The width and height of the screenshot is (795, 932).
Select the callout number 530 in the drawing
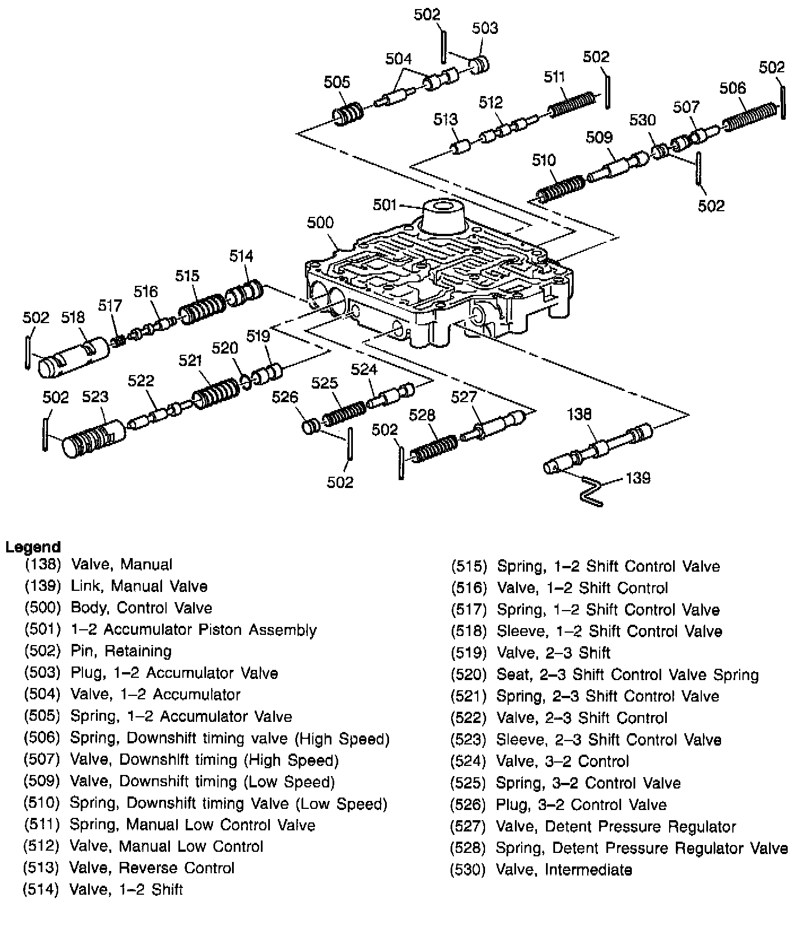point(643,120)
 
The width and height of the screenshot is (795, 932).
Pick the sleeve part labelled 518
point(73,357)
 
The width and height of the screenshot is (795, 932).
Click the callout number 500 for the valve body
point(320,223)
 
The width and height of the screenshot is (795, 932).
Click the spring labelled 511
point(571,101)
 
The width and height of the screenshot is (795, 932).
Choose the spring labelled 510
point(560,189)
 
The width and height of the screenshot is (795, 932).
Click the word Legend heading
point(33,547)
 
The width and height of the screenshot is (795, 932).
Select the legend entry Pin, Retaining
point(121,651)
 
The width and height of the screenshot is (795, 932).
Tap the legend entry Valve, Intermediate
point(564,870)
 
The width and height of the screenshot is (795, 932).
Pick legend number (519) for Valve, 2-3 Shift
point(468,653)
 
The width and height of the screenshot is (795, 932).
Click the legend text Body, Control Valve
point(141,608)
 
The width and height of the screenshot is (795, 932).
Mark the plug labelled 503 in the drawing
point(481,64)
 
